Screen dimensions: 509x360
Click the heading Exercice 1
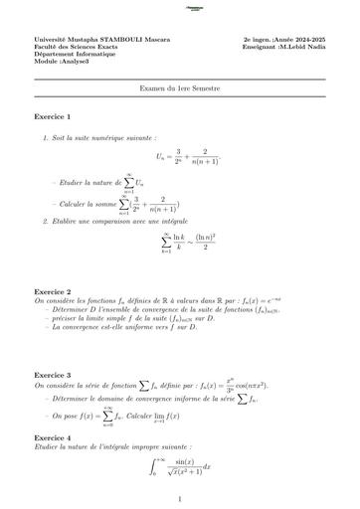55,117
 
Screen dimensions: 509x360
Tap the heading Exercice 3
55,375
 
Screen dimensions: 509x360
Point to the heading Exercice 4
55,437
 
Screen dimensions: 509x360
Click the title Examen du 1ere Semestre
180,88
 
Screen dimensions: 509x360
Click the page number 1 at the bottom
180,500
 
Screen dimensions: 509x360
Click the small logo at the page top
179,7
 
